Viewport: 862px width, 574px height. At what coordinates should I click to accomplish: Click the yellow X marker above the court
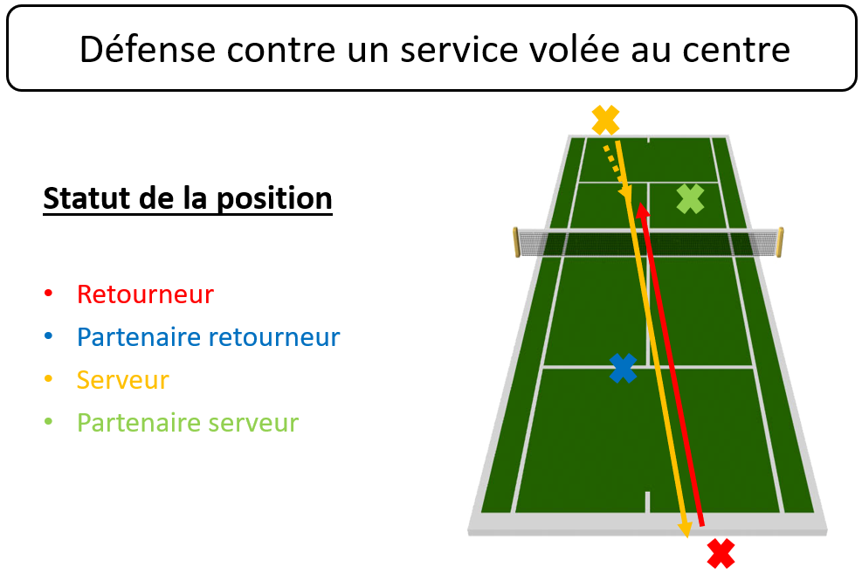(605, 120)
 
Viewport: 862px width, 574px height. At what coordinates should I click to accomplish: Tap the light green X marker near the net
(690, 198)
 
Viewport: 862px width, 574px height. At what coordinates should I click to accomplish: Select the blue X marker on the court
(623, 368)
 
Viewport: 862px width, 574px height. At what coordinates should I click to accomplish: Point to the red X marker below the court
(721, 553)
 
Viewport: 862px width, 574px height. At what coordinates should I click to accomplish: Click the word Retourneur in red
(145, 294)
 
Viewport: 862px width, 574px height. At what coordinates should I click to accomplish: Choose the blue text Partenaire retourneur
(209, 337)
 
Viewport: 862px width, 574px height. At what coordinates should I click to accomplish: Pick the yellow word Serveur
(122, 380)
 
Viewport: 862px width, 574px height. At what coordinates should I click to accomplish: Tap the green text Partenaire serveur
(188, 423)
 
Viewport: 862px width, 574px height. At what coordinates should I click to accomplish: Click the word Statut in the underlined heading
(86, 198)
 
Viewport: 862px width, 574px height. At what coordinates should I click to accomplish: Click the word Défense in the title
(148, 50)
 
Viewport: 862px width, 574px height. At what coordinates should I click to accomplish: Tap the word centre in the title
(736, 51)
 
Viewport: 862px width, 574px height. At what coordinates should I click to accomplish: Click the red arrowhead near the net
(642, 211)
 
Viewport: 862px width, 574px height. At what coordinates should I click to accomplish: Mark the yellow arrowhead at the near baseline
(685, 529)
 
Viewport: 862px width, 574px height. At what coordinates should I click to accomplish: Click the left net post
(516, 242)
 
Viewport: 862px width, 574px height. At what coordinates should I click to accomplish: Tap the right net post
(780, 242)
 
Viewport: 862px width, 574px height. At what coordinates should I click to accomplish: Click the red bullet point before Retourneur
(48, 293)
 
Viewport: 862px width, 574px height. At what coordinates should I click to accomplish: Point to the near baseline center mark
(647, 502)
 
